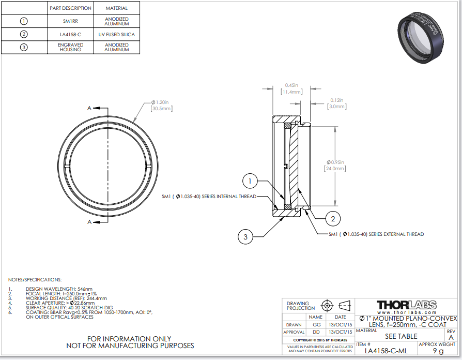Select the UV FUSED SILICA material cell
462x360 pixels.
[x=116, y=34]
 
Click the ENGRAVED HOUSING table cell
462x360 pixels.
[x=70, y=47]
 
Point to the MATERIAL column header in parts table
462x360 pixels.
[x=116, y=8]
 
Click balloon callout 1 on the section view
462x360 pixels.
[x=250, y=181]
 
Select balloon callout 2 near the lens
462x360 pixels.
[x=333, y=219]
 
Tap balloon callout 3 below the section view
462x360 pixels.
[x=245, y=237]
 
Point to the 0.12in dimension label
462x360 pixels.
[x=337, y=100]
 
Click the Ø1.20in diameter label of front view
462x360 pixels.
[x=161, y=102]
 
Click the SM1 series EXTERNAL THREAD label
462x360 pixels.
[x=376, y=234]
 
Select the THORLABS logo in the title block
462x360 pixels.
[x=406, y=305]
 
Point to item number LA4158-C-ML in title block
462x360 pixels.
[x=386, y=350]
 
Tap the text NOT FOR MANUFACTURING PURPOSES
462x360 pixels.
[x=130, y=345]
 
